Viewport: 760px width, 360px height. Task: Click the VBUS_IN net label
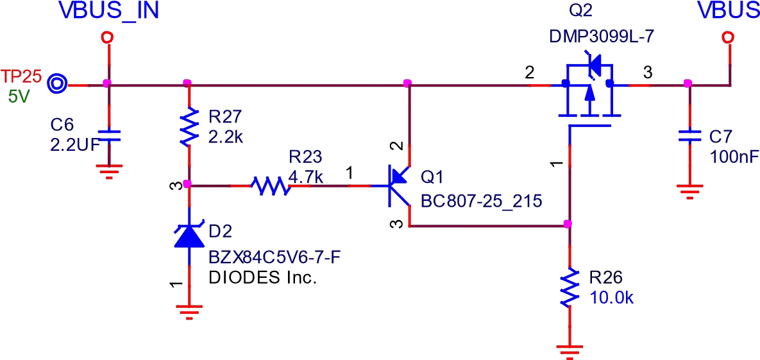[108, 11]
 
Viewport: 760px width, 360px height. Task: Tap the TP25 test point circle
[57, 83]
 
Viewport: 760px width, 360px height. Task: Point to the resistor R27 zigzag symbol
[188, 127]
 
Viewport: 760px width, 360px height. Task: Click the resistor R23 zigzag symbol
[270, 186]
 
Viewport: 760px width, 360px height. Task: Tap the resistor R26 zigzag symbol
[568, 287]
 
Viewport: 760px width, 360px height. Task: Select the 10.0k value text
[612, 298]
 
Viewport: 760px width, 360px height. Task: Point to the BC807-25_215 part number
[481, 201]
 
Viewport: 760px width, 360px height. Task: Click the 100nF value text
[734, 157]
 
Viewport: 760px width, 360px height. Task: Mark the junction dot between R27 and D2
[187, 184]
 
